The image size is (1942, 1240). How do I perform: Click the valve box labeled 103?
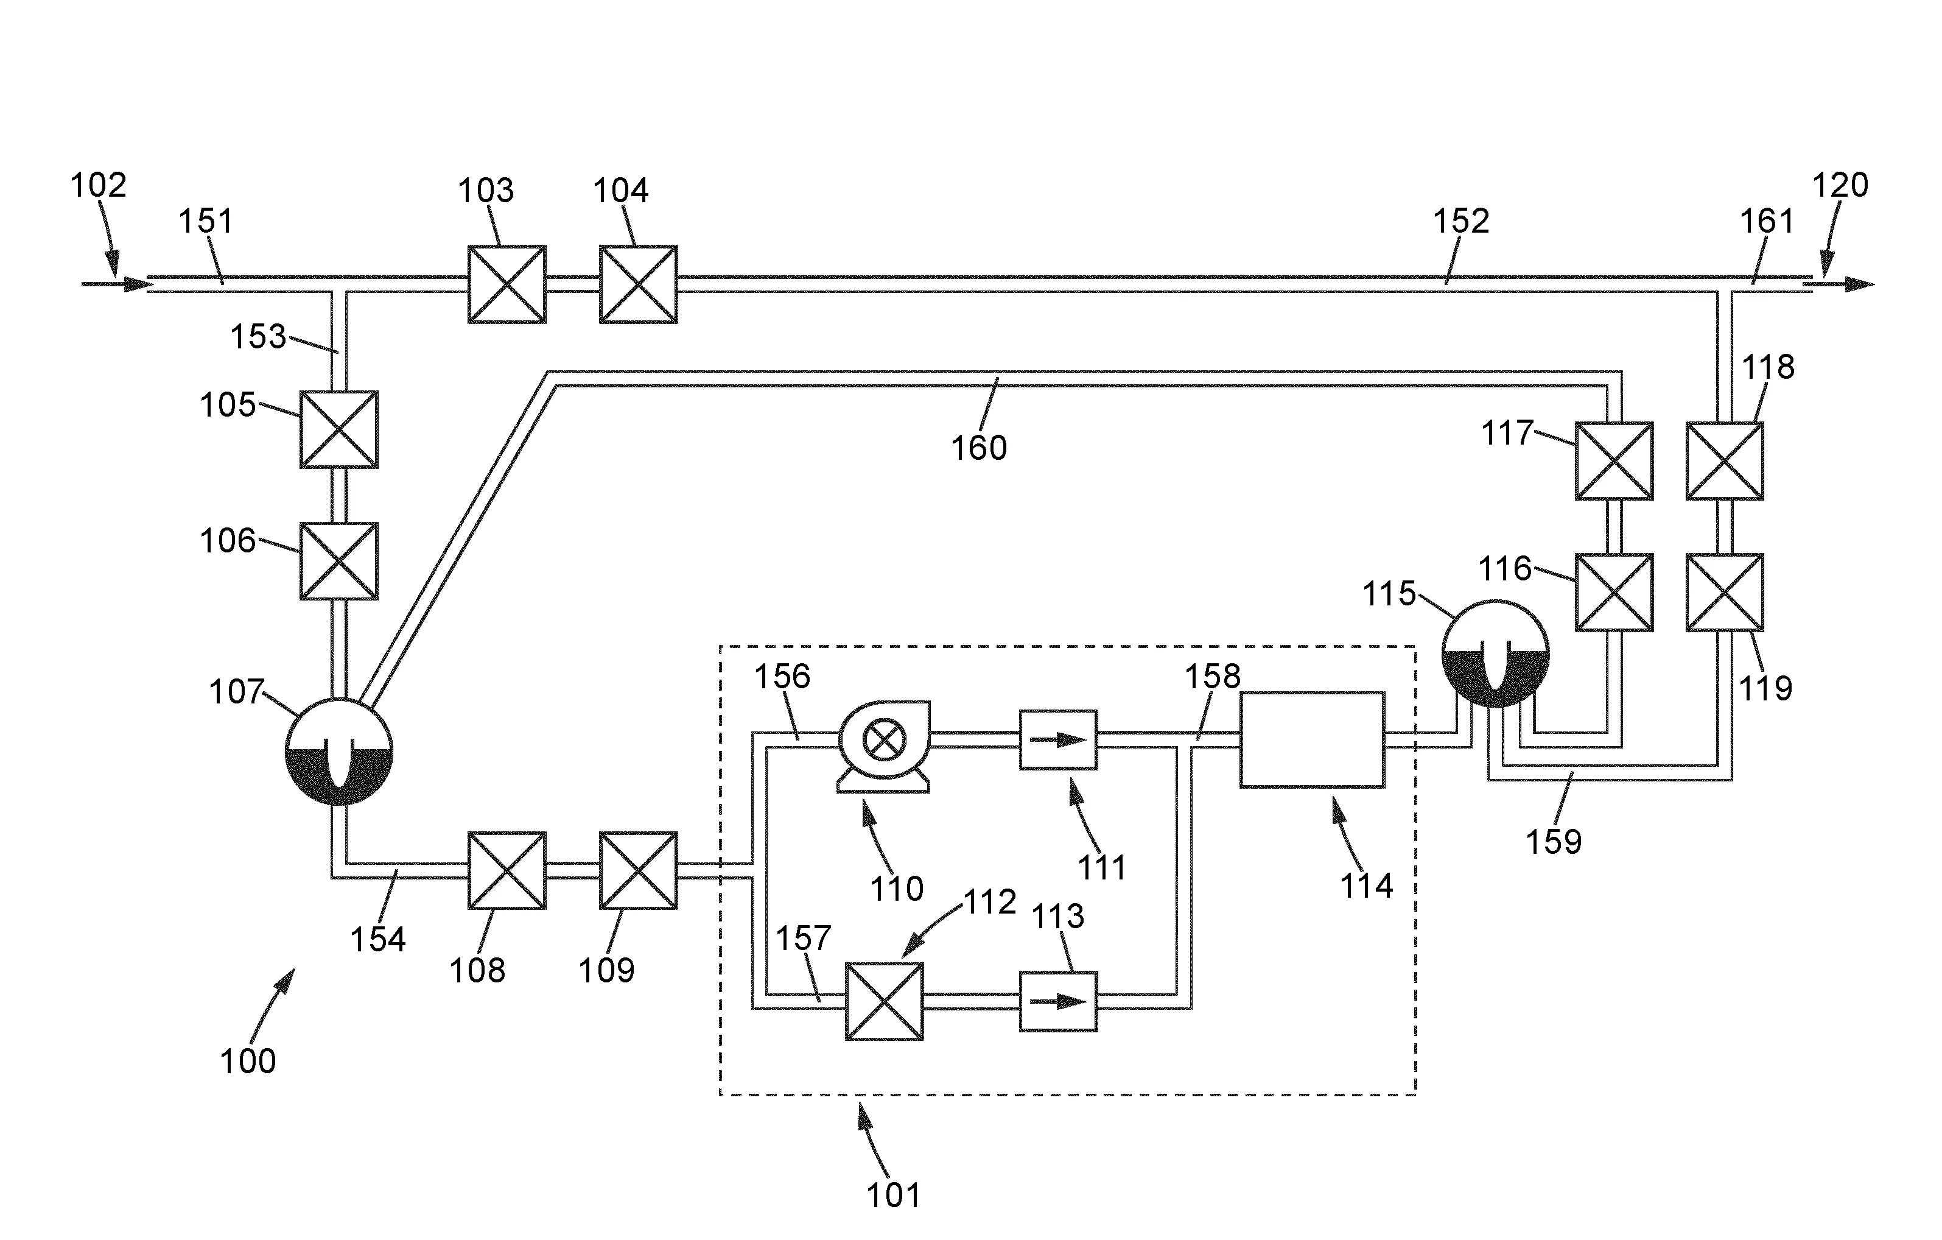tap(507, 284)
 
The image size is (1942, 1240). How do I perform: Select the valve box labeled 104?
tap(638, 284)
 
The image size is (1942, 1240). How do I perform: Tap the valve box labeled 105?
tap(338, 429)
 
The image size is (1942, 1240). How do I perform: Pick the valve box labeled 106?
tap(338, 561)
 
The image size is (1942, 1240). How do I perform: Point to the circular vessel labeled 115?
tap(1495, 653)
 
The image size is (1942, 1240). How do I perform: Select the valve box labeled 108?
tap(507, 870)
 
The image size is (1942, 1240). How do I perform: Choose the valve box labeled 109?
tap(638, 870)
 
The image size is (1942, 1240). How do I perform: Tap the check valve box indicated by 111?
tap(1058, 740)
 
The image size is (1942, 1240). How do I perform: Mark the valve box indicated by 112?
tap(884, 1001)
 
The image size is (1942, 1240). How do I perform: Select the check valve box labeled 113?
tap(1058, 1001)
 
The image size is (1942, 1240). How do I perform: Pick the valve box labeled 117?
tap(1614, 460)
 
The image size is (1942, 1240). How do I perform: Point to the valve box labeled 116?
tap(1614, 592)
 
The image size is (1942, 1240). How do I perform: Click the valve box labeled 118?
tap(1724, 460)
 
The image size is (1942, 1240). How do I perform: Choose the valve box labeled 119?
tap(1724, 592)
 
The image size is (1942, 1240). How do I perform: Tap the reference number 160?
tap(978, 448)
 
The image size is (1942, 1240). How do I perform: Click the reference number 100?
tap(248, 1061)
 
